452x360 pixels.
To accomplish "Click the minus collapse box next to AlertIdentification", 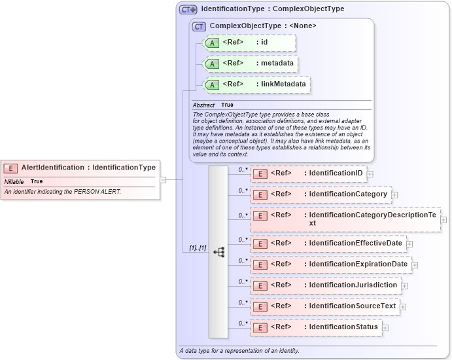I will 163,180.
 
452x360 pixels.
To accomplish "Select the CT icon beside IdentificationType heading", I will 188,10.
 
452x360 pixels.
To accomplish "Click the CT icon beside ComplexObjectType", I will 199,26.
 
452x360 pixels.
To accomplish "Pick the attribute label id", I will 264,43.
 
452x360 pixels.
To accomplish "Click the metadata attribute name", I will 276,63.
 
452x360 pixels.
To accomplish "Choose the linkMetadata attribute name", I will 283,84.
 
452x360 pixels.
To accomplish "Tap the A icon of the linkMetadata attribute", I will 212,85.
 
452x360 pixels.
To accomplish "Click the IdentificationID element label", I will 336,173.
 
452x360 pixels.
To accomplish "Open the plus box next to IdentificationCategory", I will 394,195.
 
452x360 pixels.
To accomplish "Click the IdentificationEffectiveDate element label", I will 356,243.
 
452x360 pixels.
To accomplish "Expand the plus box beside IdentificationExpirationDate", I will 415,265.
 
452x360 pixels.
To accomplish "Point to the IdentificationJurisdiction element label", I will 353,285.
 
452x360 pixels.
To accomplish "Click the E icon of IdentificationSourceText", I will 260,306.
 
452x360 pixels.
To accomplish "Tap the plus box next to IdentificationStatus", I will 385,327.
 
